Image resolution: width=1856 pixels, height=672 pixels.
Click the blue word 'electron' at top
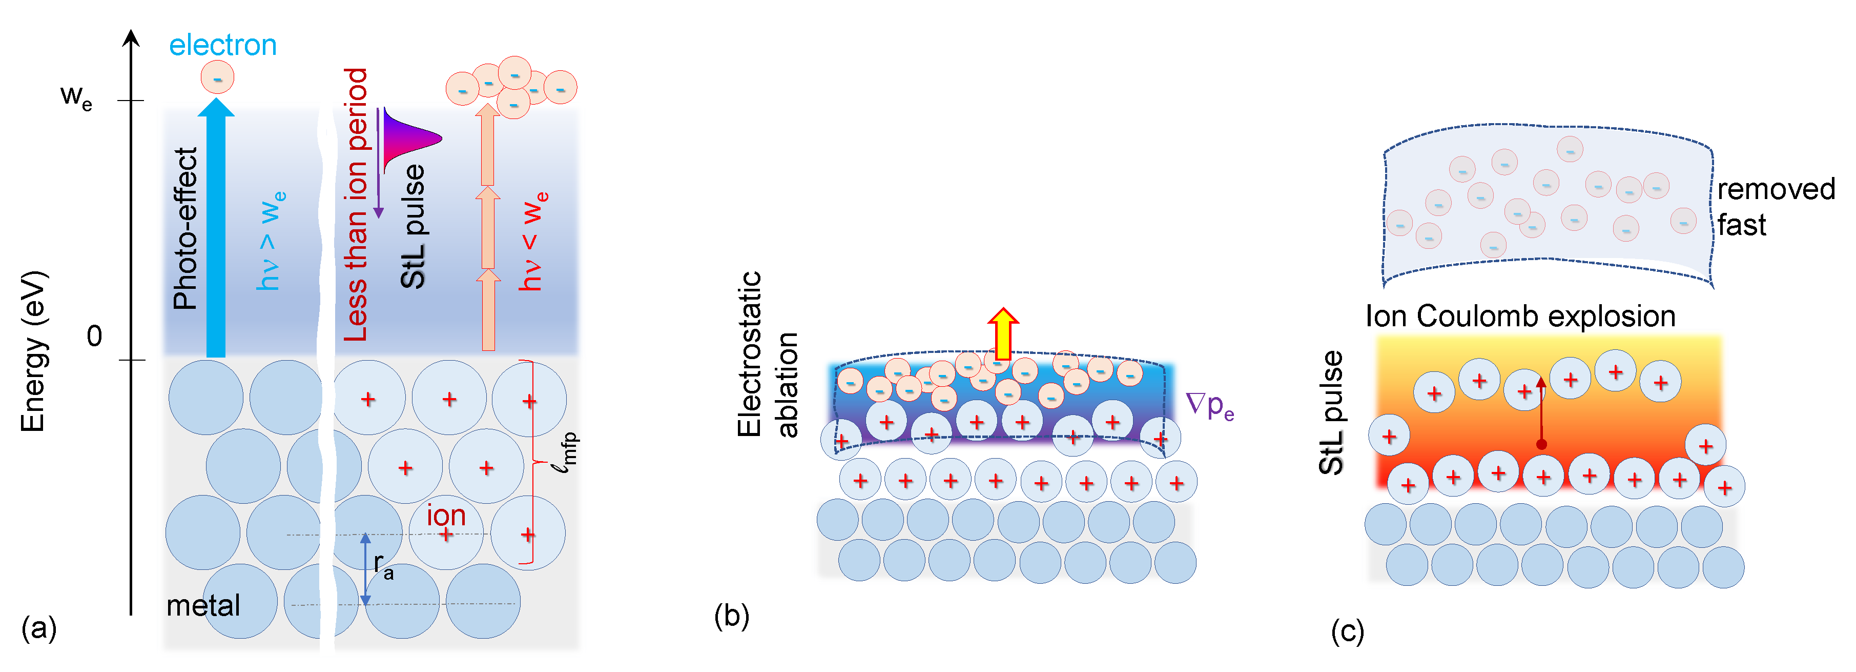[222, 46]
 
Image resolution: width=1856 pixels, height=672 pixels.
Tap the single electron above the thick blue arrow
[217, 77]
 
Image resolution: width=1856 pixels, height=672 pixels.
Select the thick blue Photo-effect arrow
[215, 231]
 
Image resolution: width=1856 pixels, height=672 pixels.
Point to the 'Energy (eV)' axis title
[33, 351]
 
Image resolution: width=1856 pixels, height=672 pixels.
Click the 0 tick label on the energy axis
[94, 337]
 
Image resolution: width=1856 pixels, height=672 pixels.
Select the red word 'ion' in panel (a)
[446, 516]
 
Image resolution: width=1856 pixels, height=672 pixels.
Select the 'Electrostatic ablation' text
[767, 355]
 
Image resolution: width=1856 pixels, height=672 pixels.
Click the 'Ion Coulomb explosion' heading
[1520, 317]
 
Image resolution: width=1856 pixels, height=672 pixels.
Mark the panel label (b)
[731, 617]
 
